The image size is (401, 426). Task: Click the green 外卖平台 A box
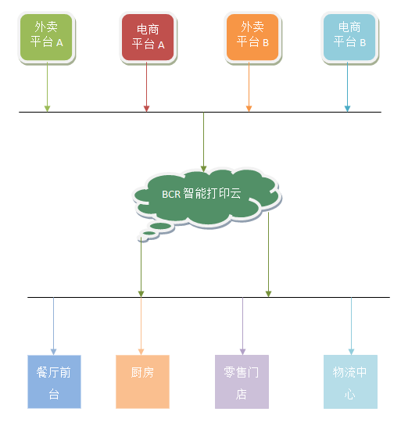pyautogui.click(x=46, y=38)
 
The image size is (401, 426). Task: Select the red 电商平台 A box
pyautogui.click(x=148, y=38)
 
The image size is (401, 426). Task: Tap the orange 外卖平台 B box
pyautogui.click(x=252, y=38)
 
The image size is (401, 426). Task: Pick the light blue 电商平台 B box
pyautogui.click(x=349, y=38)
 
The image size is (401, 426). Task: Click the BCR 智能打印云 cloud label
pyautogui.click(x=202, y=193)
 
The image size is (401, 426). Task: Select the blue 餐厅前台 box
pyautogui.click(x=54, y=381)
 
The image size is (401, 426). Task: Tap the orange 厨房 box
pyautogui.click(x=142, y=381)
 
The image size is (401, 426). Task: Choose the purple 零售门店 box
pyautogui.click(x=242, y=381)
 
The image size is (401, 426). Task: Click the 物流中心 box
pyautogui.click(x=350, y=381)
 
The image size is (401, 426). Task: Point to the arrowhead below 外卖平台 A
pyautogui.click(x=47, y=109)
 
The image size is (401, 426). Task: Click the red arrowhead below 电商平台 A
pyautogui.click(x=146, y=109)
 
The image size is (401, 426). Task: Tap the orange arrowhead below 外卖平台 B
pyautogui.click(x=249, y=109)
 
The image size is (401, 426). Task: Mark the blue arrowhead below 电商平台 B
pyautogui.click(x=347, y=109)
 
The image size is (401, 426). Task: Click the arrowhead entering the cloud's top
pyautogui.click(x=203, y=169)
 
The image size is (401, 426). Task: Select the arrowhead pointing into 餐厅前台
pyautogui.click(x=53, y=352)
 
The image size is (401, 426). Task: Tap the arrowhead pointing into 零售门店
pyautogui.click(x=242, y=352)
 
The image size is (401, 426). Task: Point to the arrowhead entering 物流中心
pyautogui.click(x=351, y=352)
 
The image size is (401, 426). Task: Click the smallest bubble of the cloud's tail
pyautogui.click(x=142, y=239)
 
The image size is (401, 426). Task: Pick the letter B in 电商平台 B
pyautogui.click(x=363, y=43)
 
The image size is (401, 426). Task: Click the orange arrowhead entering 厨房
pyautogui.click(x=141, y=352)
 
